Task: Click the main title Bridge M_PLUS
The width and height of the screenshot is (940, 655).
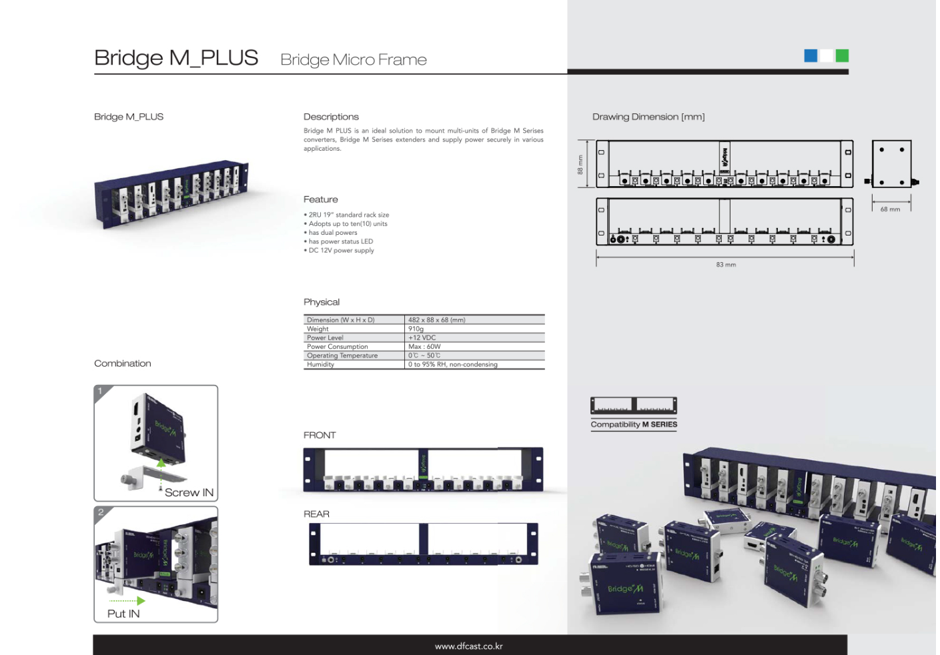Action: click(176, 58)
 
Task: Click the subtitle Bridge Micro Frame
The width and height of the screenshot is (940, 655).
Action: click(354, 60)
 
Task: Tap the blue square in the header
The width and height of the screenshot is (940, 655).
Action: click(811, 56)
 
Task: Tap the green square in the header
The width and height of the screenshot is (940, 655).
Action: click(842, 56)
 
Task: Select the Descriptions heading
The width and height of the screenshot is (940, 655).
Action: click(331, 117)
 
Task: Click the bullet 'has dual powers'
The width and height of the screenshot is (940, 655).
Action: click(333, 233)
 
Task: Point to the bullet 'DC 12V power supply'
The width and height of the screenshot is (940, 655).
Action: click(341, 251)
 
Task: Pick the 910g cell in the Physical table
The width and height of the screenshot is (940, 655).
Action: click(416, 329)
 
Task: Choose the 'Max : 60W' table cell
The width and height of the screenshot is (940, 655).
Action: click(424, 347)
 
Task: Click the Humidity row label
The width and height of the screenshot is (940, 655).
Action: click(320, 365)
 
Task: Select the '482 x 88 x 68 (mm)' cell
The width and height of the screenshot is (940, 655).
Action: click(436, 320)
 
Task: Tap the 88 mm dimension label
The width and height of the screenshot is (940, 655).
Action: click(580, 165)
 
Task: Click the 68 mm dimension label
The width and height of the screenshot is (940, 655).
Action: click(890, 209)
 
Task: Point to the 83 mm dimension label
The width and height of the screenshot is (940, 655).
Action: click(726, 265)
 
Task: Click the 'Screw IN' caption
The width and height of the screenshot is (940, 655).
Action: click(189, 493)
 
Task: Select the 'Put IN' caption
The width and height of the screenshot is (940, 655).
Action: click(123, 614)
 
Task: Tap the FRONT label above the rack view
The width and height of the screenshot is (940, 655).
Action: click(320, 436)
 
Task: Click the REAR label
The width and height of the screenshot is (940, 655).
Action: click(316, 514)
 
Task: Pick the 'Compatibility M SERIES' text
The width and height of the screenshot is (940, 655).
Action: click(634, 425)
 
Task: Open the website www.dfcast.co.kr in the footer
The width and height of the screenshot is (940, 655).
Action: click(468, 646)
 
